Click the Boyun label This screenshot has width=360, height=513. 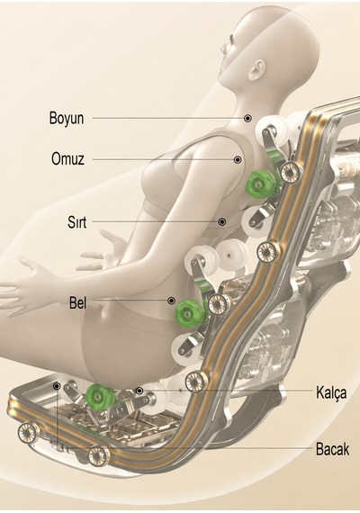(67, 119)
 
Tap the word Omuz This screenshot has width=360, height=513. (67, 159)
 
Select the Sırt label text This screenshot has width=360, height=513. (76, 222)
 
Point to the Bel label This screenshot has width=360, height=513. (78, 302)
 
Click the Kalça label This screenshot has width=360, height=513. (331, 392)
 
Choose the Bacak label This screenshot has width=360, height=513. (332, 449)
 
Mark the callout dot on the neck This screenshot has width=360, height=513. (248, 118)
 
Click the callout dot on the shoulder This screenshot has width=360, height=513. (238, 159)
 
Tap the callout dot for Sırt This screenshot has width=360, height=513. (222, 221)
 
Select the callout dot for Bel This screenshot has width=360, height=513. (171, 301)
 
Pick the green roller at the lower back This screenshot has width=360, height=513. (188, 314)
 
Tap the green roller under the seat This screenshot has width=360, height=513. (100, 397)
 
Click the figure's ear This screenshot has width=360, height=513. (258, 69)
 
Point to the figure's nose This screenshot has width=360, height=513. (224, 49)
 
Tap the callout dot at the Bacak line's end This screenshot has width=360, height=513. (57, 387)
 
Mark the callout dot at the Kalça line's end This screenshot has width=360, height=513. (139, 391)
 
